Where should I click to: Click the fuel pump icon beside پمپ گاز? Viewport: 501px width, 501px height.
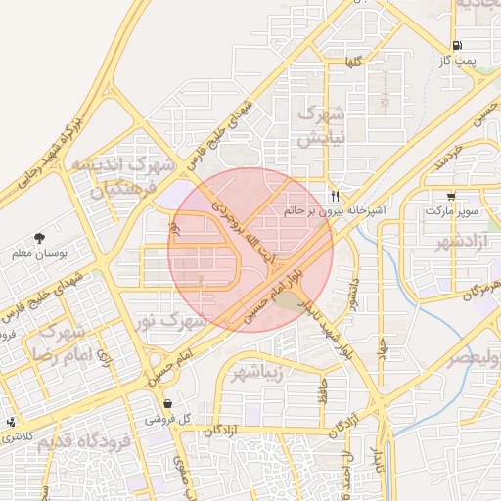pyautogui.click(x=457, y=45)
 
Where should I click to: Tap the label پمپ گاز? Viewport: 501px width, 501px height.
pyautogui.click(x=457, y=61)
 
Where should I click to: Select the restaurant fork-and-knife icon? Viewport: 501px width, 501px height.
pyautogui.click(x=335, y=195)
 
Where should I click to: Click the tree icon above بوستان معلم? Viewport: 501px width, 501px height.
pyautogui.click(x=39, y=238)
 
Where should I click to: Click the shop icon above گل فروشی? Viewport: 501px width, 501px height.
pyautogui.click(x=168, y=403)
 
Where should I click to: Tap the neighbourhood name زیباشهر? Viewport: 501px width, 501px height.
pyautogui.click(x=258, y=373)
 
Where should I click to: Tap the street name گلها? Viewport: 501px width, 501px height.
pyautogui.click(x=351, y=62)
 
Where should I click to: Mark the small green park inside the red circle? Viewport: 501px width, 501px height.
pyautogui.click(x=287, y=300)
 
